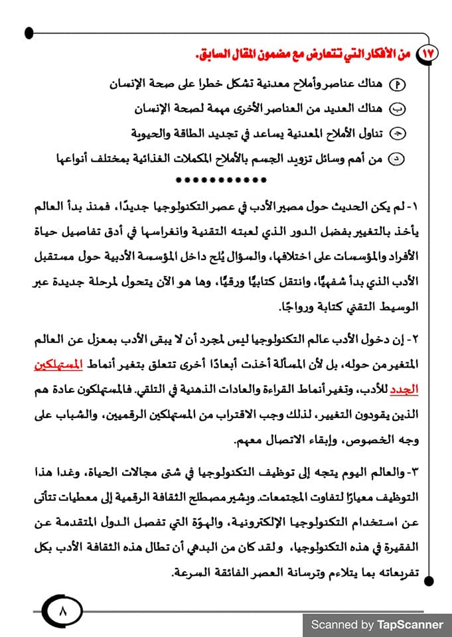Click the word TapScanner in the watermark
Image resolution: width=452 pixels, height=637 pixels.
pos(410,624)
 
